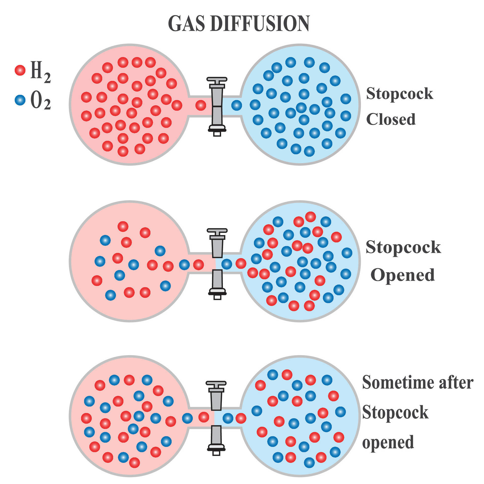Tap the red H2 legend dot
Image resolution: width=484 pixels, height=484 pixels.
tap(20, 70)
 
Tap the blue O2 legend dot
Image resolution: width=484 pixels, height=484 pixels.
tap(20, 100)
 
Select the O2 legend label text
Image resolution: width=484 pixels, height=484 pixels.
tap(40, 101)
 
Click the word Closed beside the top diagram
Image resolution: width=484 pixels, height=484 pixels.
tap(391, 119)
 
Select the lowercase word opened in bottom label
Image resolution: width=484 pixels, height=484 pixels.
tap(388, 442)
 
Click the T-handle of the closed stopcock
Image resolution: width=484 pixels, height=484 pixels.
tap(217, 79)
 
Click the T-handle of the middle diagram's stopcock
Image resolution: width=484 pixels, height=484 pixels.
tap(217, 230)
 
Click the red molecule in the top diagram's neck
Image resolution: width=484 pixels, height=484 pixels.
tap(201, 105)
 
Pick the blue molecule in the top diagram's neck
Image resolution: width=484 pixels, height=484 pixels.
tap(236, 105)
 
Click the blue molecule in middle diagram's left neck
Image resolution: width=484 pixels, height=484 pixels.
tap(184, 265)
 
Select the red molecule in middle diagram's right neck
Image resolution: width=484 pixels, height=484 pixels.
tap(241, 263)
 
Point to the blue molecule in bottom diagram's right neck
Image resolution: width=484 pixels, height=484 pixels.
tap(228, 418)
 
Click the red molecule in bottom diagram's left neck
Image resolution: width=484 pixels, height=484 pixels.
tap(204, 417)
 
